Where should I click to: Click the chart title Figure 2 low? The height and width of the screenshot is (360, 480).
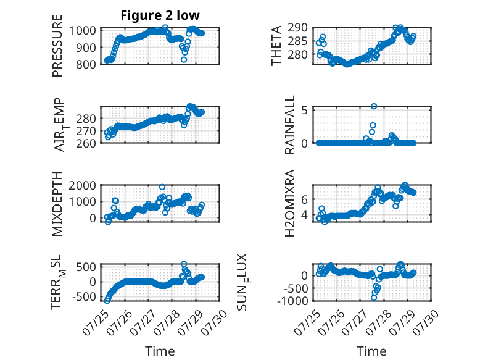pyautogui.click(x=160, y=15)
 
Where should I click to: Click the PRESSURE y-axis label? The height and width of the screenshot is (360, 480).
pyautogui.click(x=57, y=46)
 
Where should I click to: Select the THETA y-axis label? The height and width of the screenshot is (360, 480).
pyautogui.click(x=276, y=46)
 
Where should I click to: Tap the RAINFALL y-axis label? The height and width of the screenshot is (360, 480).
pyautogui.click(x=289, y=124)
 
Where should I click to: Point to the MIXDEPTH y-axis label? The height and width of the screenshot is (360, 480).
pyautogui.click(x=57, y=204)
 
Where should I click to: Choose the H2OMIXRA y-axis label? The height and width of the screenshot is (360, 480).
pyautogui.click(x=289, y=203)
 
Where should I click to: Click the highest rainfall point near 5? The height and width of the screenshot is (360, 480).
pyautogui.click(x=374, y=106)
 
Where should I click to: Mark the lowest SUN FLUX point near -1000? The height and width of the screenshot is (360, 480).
pyautogui.click(x=374, y=298)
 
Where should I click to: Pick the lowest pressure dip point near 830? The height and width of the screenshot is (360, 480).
pyautogui.click(x=184, y=60)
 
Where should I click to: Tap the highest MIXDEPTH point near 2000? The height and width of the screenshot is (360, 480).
pyautogui.click(x=162, y=187)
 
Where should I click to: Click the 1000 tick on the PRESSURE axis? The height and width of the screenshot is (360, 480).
pyautogui.click(x=82, y=31)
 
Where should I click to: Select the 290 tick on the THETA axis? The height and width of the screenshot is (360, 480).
pyautogui.click(x=297, y=28)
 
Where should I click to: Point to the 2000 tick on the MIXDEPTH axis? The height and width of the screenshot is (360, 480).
pyautogui.click(x=82, y=185)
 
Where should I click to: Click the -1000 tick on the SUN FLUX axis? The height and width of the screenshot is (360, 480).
pyautogui.click(x=292, y=301)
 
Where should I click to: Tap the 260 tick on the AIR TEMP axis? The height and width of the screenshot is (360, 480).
pyautogui.click(x=86, y=143)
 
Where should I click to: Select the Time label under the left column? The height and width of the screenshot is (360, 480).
pyautogui.click(x=160, y=351)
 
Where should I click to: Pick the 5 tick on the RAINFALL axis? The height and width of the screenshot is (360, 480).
pyautogui.click(x=304, y=110)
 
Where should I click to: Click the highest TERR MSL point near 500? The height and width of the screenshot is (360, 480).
pyautogui.click(x=184, y=264)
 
